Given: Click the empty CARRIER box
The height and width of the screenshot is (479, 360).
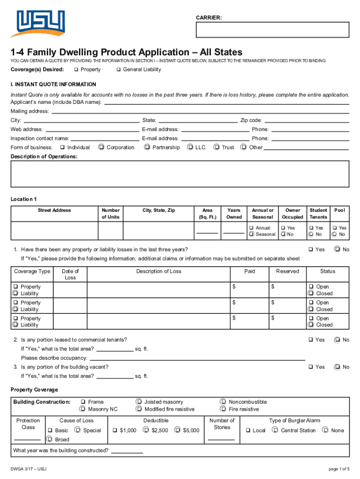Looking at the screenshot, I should (x=273, y=29).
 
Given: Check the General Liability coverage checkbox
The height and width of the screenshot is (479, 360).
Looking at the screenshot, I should (x=118, y=70).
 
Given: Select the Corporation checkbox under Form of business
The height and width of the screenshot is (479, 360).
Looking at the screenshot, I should (x=101, y=147).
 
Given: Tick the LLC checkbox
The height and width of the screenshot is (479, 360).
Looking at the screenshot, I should (x=190, y=147).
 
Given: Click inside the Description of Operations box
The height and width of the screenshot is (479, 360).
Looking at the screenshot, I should (x=180, y=174).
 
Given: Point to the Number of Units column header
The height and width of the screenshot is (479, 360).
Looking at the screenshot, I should (x=110, y=214).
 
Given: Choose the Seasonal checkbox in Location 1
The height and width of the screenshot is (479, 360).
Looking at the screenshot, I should (x=252, y=234).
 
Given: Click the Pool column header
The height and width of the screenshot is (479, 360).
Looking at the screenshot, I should (x=339, y=210).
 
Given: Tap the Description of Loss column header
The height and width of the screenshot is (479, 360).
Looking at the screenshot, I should (x=158, y=271).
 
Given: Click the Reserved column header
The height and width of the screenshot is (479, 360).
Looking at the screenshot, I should (x=287, y=271).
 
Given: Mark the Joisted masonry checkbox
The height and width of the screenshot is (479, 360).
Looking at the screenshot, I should (x=139, y=402).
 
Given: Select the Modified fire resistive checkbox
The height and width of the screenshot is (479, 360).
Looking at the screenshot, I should (x=139, y=409).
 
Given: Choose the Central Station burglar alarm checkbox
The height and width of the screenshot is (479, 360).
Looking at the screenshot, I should (x=276, y=430).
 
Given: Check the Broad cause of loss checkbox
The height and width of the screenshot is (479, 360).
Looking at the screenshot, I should (x=50, y=439).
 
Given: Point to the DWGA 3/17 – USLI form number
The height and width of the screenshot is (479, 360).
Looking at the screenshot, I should (x=29, y=469).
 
